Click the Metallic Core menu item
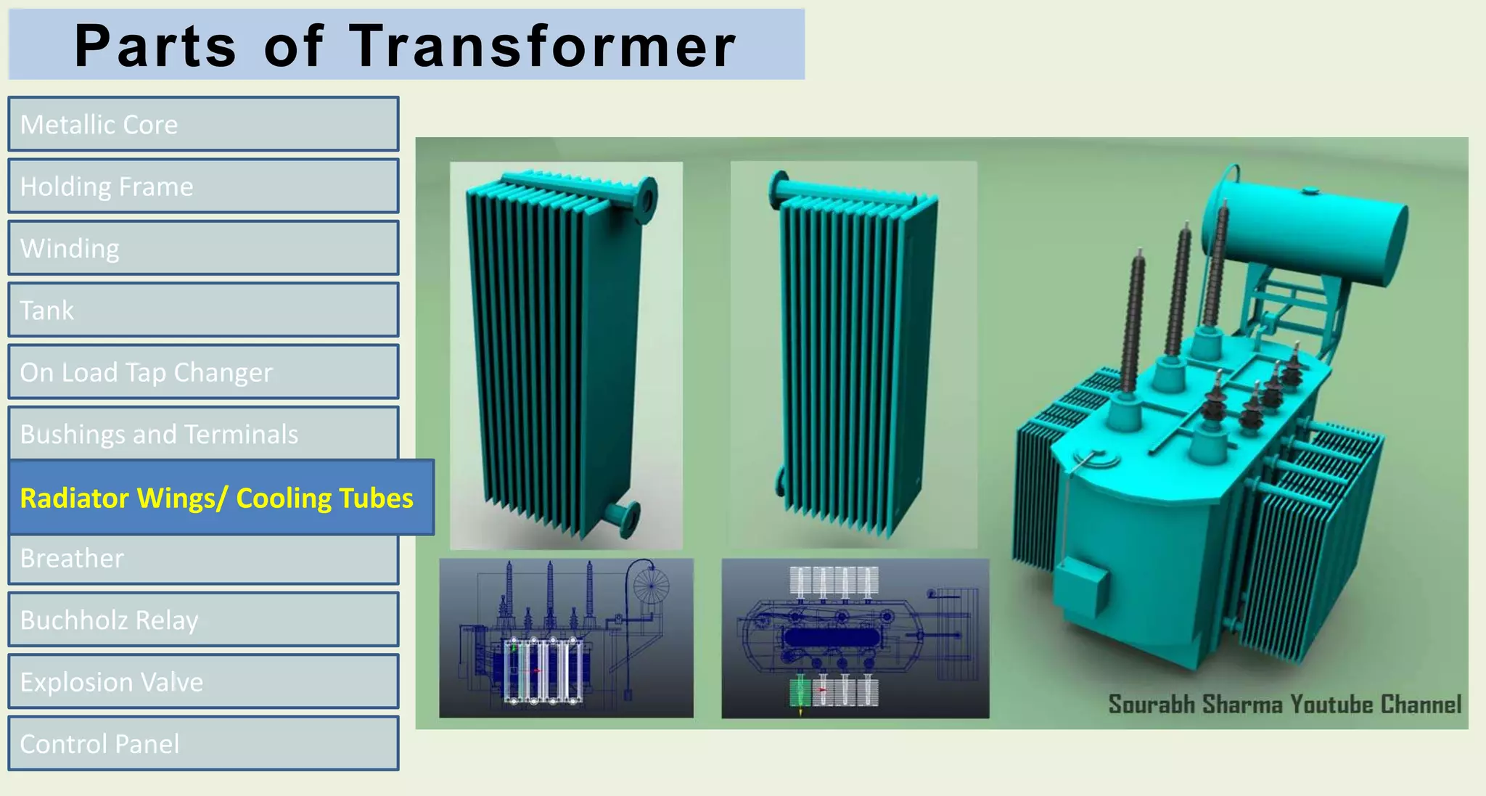pos(203,124)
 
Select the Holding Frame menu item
pos(203,186)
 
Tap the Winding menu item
pos(203,248)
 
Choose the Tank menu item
pos(203,310)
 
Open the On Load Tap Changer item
pos(203,372)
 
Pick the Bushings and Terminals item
pos(203,433)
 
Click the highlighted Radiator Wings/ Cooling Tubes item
pos(221,498)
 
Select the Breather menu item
pos(203,559)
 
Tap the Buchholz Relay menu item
pos(203,620)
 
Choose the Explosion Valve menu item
pos(203,681)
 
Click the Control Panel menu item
pos(203,743)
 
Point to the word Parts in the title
pos(155,46)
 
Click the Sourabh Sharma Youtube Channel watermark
pos(1284,704)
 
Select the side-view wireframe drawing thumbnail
pos(566,638)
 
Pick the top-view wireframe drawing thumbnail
pos(855,638)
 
